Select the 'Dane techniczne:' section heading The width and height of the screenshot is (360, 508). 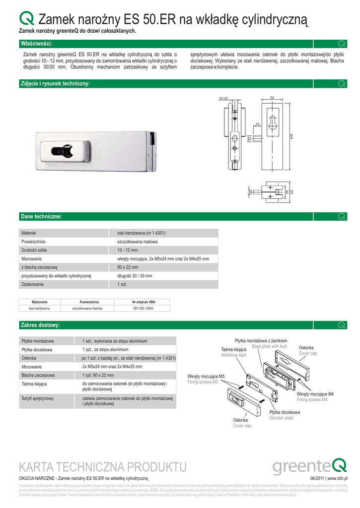[41, 216]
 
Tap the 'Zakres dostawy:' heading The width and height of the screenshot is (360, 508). [40, 325]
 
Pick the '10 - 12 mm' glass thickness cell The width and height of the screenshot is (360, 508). [128, 250]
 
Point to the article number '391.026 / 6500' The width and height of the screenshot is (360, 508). [143, 308]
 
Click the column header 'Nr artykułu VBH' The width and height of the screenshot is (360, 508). [143, 302]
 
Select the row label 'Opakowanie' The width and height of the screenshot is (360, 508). [32, 285]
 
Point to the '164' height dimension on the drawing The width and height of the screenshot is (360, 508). [291, 136]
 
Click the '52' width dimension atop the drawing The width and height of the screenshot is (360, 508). [272, 97]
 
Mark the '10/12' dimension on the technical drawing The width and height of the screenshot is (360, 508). [223, 98]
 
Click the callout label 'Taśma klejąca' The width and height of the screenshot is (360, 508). [233, 350]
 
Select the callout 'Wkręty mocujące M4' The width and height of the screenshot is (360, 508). [315, 394]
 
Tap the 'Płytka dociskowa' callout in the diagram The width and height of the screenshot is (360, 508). [285, 412]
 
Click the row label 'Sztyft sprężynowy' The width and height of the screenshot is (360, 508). [38, 398]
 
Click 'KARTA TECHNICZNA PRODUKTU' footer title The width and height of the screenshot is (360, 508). [102, 467]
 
